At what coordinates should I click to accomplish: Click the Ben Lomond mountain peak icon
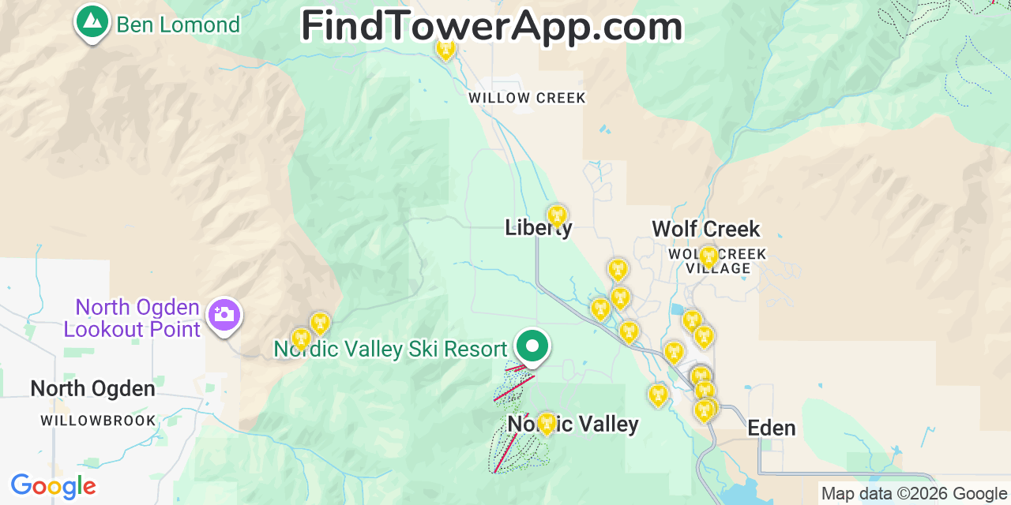(92, 21)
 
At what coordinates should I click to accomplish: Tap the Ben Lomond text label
(178, 25)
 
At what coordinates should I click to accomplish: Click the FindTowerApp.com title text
(491, 26)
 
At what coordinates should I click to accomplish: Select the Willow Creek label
(527, 99)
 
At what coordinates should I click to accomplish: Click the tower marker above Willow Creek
(446, 48)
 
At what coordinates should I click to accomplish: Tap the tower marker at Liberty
(557, 215)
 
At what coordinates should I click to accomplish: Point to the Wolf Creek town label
(705, 229)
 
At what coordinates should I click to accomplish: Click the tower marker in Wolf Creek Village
(708, 256)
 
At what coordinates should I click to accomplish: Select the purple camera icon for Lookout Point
(224, 315)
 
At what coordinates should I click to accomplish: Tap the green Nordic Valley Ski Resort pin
(532, 346)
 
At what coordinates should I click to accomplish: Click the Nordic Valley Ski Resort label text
(390, 349)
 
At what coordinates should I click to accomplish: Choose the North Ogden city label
(92, 388)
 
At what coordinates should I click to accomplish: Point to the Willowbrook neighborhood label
(99, 421)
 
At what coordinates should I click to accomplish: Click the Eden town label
(771, 428)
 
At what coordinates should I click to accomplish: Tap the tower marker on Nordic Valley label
(546, 422)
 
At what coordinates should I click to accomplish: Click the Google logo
(53, 486)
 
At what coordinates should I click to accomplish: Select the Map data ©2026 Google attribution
(914, 494)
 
